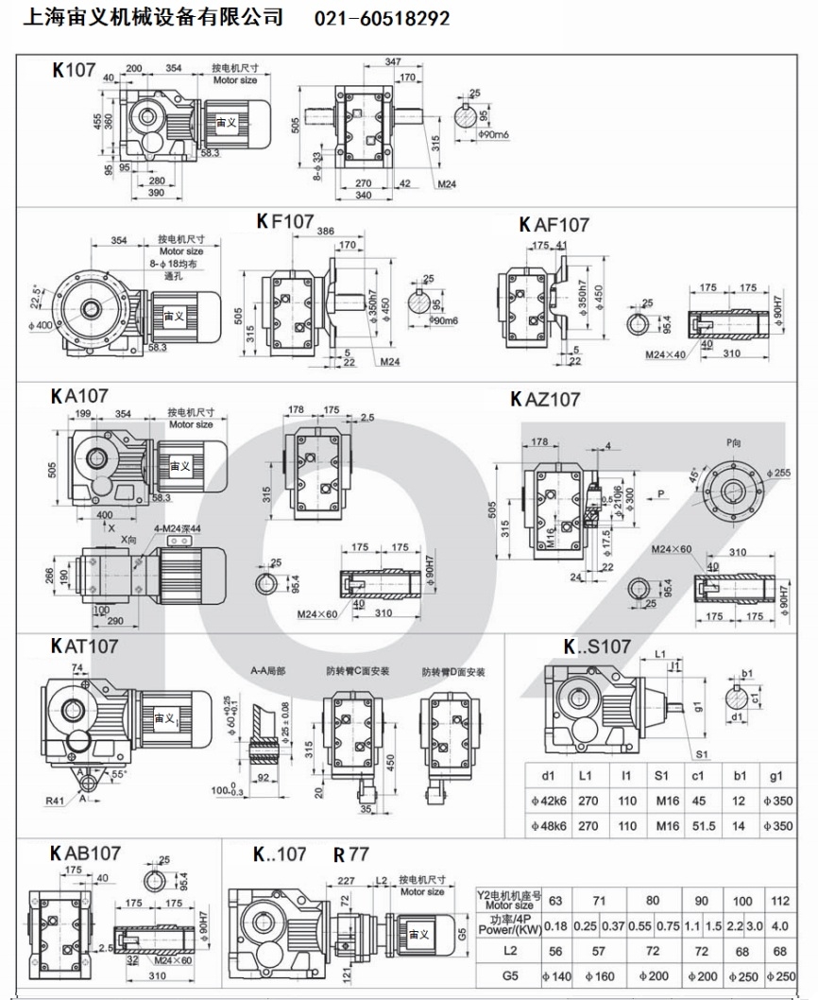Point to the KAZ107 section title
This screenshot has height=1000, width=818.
pos(545,400)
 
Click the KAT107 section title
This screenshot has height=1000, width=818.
pos(84,647)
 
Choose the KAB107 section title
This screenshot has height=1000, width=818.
pos(85,853)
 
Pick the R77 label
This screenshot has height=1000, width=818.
pos(351,854)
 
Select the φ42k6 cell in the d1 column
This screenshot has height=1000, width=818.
pos(548,800)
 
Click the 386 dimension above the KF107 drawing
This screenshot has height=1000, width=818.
pos(325,232)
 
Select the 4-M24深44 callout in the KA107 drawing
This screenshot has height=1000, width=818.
pos(176,527)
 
